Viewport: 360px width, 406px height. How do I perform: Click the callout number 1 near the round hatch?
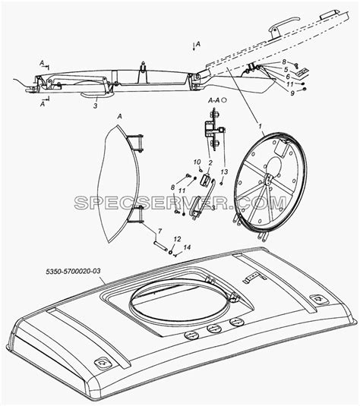[x=261, y=126]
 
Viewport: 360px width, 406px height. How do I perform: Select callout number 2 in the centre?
[x=210, y=162]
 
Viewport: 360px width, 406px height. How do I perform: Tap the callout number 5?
[x=286, y=69]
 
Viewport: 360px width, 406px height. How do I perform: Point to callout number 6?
[x=288, y=77]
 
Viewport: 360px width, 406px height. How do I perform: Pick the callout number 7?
[x=159, y=231]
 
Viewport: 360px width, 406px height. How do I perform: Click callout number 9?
[x=292, y=93]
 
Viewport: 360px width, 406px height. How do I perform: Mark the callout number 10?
[x=197, y=162]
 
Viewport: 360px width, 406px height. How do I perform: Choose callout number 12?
[x=177, y=239]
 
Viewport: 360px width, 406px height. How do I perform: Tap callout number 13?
[x=224, y=172]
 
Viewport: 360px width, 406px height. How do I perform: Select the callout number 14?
[x=187, y=247]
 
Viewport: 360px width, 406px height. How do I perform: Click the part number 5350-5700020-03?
[x=73, y=272]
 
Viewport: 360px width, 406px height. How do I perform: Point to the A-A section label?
[x=214, y=100]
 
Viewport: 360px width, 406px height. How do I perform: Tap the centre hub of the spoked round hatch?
[x=268, y=179]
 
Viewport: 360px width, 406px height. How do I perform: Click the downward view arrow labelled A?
[x=194, y=47]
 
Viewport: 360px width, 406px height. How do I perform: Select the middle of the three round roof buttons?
[x=214, y=329]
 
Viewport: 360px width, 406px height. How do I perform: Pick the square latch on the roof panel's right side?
[x=319, y=300]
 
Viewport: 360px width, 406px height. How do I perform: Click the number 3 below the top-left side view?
[x=96, y=105]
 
